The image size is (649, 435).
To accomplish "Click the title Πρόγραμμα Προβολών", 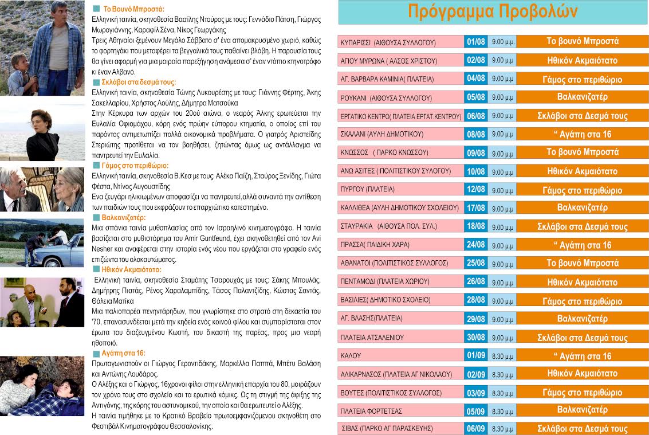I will tap(493, 12).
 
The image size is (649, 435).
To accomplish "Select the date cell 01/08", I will tap(476, 42).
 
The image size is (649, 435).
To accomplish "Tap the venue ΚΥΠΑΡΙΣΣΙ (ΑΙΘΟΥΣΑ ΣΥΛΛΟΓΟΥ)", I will tap(388, 42).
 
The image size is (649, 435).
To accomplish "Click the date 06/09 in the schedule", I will tap(476, 428).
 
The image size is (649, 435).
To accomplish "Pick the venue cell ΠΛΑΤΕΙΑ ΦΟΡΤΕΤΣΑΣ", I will tap(371, 411).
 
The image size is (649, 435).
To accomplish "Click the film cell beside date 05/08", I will tap(582, 97).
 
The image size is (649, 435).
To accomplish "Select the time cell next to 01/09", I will tap(502, 356).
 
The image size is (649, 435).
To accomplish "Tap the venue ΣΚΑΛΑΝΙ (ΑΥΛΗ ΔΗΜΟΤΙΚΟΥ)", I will tap(373, 134).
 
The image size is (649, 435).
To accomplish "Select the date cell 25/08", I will tap(476, 263).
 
